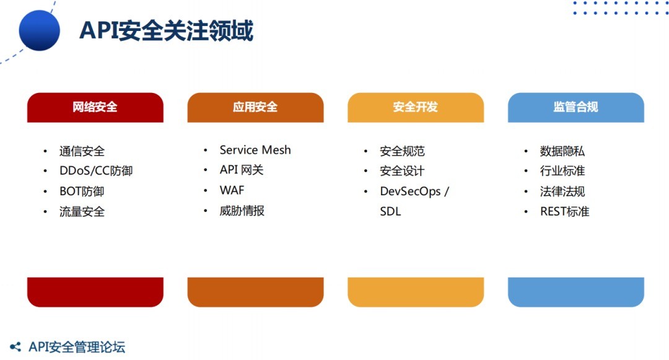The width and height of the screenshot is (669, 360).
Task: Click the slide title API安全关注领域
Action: coord(167,31)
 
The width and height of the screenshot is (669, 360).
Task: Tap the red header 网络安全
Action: coord(95,107)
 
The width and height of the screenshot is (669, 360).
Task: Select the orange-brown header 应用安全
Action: coord(256,107)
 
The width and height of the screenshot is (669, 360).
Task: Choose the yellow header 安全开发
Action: coord(416,107)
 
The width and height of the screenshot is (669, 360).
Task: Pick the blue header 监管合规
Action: coord(576,107)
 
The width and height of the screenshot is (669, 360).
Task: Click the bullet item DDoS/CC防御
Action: coord(96,171)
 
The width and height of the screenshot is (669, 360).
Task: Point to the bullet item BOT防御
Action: coord(82,191)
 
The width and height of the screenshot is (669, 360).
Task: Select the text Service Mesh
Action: coord(255,150)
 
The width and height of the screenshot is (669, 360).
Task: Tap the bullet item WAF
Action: coord(232,190)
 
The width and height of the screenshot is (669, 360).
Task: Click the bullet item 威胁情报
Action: coord(242,211)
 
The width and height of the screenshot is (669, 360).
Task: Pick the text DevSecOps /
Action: coord(414,191)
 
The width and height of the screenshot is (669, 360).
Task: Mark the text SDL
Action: coord(390,211)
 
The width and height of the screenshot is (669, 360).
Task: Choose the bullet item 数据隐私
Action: coord(562,151)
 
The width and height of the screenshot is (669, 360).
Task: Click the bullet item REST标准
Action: coord(564,211)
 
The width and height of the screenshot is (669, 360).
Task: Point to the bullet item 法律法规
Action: coord(562,191)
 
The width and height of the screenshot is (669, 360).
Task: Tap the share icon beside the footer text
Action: coord(15,347)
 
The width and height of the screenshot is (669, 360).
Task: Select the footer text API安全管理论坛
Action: coord(77,347)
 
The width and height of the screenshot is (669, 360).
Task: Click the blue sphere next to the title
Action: coord(39,31)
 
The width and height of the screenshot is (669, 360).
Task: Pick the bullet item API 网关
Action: coord(242,170)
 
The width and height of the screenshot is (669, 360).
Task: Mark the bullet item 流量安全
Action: coord(82,211)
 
